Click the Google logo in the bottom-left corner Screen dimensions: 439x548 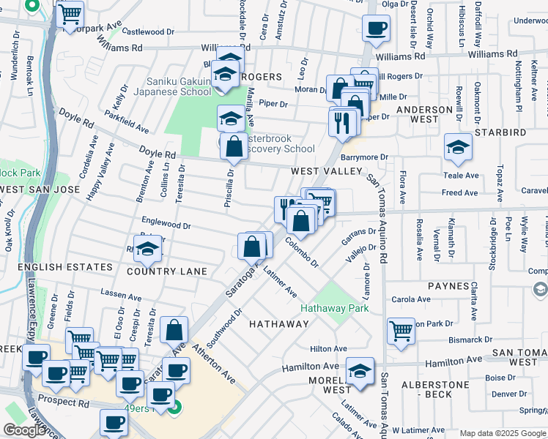(x=24, y=430)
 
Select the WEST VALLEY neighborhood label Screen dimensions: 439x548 (x=327, y=170)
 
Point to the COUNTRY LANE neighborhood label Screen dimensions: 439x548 (x=167, y=271)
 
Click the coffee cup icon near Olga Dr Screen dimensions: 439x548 (x=376, y=29)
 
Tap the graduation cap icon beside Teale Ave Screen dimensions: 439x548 (x=458, y=147)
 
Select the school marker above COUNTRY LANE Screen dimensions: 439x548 (x=147, y=249)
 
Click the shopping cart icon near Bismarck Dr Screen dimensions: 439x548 (x=401, y=330)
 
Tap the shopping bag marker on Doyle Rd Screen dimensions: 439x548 (x=234, y=146)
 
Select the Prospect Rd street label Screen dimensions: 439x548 (x=65, y=402)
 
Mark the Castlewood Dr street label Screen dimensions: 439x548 (x=148, y=31)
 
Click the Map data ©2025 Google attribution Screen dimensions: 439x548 (x=503, y=433)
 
